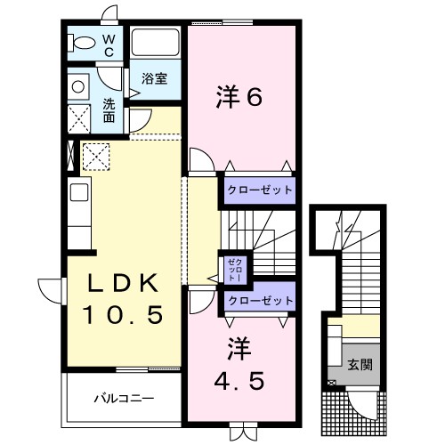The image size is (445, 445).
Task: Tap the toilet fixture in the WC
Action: point(83,43)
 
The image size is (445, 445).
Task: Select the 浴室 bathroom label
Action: point(154,78)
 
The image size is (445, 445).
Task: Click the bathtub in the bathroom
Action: point(157,44)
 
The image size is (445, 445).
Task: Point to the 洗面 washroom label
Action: point(108,109)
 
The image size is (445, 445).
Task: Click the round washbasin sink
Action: point(78,87)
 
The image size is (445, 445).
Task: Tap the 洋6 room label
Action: point(239,97)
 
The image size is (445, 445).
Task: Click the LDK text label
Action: point(123,284)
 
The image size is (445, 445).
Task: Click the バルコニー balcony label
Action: point(125,398)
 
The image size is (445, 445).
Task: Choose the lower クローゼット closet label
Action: point(258,302)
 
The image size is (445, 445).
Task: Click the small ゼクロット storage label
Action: point(232,270)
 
